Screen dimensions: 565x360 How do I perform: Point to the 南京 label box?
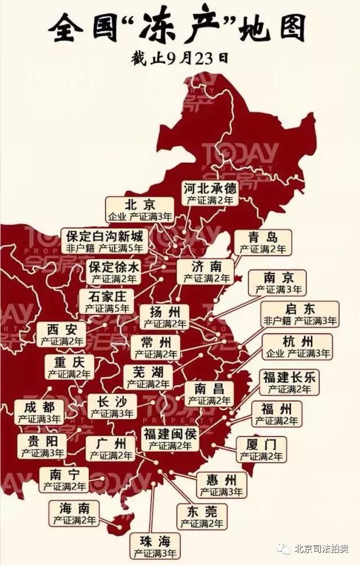[278, 283]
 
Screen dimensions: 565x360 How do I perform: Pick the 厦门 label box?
[262, 450]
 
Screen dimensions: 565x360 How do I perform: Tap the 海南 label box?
[74, 514]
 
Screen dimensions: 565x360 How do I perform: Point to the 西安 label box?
[62, 334]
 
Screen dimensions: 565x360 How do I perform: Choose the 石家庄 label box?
[107, 302]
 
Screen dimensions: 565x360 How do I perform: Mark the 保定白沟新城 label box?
[105, 240]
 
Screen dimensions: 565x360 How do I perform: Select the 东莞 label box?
[201, 517]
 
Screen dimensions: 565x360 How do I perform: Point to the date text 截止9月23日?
[181, 59]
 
